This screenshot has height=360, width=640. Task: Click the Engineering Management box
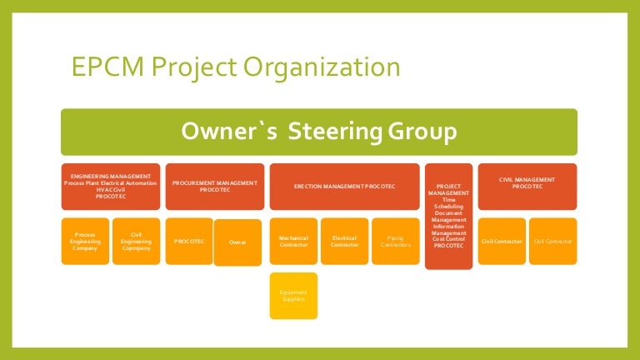pyautogui.click(x=111, y=185)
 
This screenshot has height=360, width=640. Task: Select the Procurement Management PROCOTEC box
pyautogui.click(x=215, y=185)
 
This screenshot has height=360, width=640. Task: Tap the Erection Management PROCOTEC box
pyautogui.click(x=344, y=185)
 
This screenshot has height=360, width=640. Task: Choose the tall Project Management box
pyautogui.click(x=448, y=215)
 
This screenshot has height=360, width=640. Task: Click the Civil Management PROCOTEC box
pyautogui.click(x=527, y=185)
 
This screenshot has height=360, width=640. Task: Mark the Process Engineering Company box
pyautogui.click(x=85, y=241)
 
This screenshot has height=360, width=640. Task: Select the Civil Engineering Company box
pyautogui.click(x=136, y=241)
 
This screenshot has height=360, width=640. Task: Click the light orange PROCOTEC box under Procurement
pyautogui.click(x=189, y=241)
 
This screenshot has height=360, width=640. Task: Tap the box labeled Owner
pyautogui.click(x=237, y=242)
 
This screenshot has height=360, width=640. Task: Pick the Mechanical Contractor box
pyautogui.click(x=293, y=241)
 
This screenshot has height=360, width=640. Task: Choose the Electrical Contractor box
pyautogui.click(x=344, y=241)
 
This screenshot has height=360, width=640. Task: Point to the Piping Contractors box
pyautogui.click(x=395, y=241)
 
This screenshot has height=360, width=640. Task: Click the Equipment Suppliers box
pyautogui.click(x=293, y=295)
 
